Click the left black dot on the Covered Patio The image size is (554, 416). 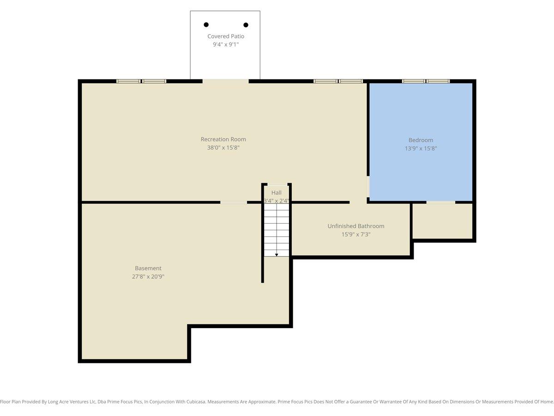206,24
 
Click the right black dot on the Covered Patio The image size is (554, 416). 246,25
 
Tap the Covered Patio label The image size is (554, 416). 226,37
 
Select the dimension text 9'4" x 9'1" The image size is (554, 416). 226,45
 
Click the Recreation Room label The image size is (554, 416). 223,139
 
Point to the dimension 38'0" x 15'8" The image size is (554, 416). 223,147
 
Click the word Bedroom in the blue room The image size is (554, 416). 421,140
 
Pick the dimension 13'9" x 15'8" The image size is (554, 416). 421,148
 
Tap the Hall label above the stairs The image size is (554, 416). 277,193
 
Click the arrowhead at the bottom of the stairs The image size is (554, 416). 277,255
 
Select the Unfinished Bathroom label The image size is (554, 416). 356,226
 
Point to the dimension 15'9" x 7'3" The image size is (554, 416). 356,234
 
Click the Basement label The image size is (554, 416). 148,268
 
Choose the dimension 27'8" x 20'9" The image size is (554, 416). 148,276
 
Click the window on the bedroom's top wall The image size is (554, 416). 426,81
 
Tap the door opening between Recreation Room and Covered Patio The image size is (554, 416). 225,81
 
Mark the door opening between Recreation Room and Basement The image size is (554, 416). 234,202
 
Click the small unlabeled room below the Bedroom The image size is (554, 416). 442,221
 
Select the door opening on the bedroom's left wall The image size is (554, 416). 368,187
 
